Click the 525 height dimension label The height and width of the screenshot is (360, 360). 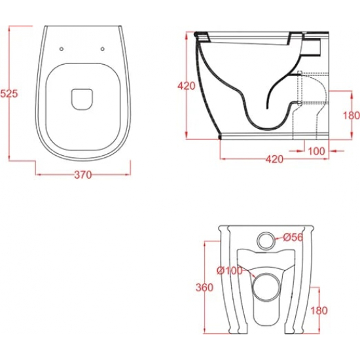click(9, 94)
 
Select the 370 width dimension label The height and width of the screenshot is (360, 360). click(83, 175)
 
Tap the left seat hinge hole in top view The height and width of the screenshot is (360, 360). click(62, 49)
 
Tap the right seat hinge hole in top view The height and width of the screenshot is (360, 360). click(103, 49)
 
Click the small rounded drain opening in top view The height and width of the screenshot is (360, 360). click(82, 98)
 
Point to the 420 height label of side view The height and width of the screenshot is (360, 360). click(187, 86)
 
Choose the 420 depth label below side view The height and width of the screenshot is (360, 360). click(274, 159)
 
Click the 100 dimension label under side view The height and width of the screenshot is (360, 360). click(316, 151)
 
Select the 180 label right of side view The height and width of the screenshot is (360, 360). click(351, 115)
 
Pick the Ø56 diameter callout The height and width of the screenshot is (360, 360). click(293, 237)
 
